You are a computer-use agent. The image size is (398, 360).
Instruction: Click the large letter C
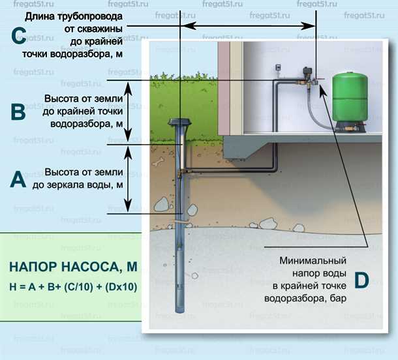tap(19, 35)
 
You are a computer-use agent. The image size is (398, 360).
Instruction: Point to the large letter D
tap(361, 280)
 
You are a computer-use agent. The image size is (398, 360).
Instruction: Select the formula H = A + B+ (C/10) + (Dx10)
tap(72, 286)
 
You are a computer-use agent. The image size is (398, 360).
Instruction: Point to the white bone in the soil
tap(157, 159)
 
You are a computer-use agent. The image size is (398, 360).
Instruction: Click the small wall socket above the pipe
tap(277, 67)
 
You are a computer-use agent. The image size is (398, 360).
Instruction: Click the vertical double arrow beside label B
tap(129, 112)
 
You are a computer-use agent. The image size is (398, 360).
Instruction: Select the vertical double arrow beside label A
tap(129, 179)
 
